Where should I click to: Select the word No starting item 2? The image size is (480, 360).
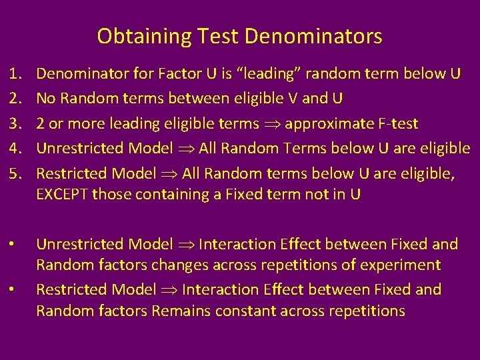45,99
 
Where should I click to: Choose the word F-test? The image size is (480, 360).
396,124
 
